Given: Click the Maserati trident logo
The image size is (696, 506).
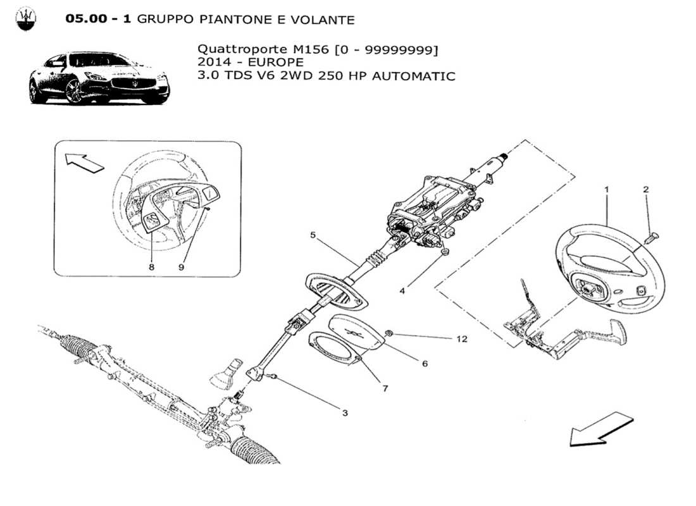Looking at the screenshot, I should [x=26, y=20].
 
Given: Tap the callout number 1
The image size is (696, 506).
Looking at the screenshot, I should [x=606, y=189].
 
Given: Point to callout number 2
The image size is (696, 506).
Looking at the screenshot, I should [x=646, y=189].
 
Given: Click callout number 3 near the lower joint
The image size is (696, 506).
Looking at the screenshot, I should [x=345, y=413].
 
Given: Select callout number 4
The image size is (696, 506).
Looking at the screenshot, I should [x=401, y=292].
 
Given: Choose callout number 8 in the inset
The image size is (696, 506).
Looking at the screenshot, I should [x=151, y=268].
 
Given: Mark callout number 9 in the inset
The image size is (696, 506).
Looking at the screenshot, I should [x=181, y=268].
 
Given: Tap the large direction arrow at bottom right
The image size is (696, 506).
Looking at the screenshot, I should [x=600, y=428].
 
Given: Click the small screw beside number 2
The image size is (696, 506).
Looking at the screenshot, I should [x=653, y=237].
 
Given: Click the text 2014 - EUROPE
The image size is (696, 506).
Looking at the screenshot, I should [x=251, y=62].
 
